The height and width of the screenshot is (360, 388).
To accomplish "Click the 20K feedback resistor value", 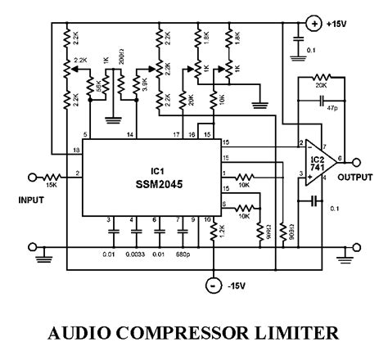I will click(x=320, y=85).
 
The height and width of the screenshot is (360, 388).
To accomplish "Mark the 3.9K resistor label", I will click(x=142, y=85).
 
